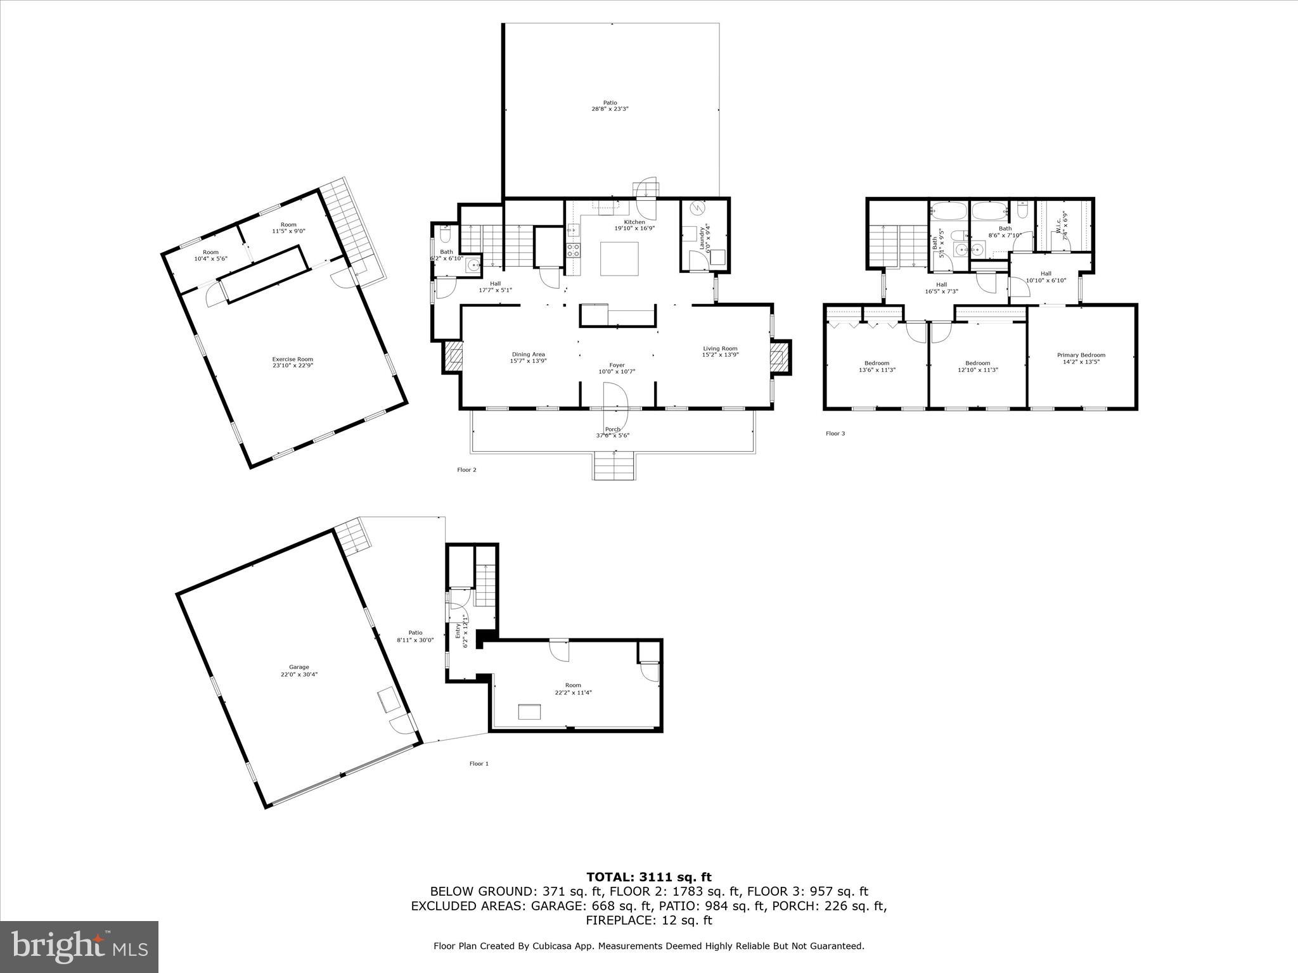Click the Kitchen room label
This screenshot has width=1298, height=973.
pyautogui.click(x=634, y=222)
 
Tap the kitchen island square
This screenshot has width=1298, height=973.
pyautogui.click(x=619, y=258)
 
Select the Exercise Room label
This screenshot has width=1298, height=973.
pyautogui.click(x=293, y=360)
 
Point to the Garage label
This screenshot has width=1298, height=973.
pyautogui.click(x=299, y=667)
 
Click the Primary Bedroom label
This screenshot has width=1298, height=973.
pyautogui.click(x=1081, y=355)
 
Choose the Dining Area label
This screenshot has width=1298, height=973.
pyautogui.click(x=529, y=355)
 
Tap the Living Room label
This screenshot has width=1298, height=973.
pyautogui.click(x=720, y=348)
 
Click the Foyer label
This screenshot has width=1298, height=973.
pyautogui.click(x=617, y=366)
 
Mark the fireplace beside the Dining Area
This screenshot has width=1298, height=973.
pyautogui.click(x=454, y=356)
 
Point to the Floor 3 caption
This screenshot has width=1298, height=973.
pyautogui.click(x=835, y=433)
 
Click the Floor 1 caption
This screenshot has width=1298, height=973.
pyautogui.click(x=479, y=763)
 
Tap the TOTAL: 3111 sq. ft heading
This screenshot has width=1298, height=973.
pyautogui.click(x=648, y=877)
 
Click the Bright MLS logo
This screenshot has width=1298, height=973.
pyautogui.click(x=79, y=946)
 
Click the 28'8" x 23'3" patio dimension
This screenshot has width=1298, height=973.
pyautogui.click(x=610, y=109)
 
